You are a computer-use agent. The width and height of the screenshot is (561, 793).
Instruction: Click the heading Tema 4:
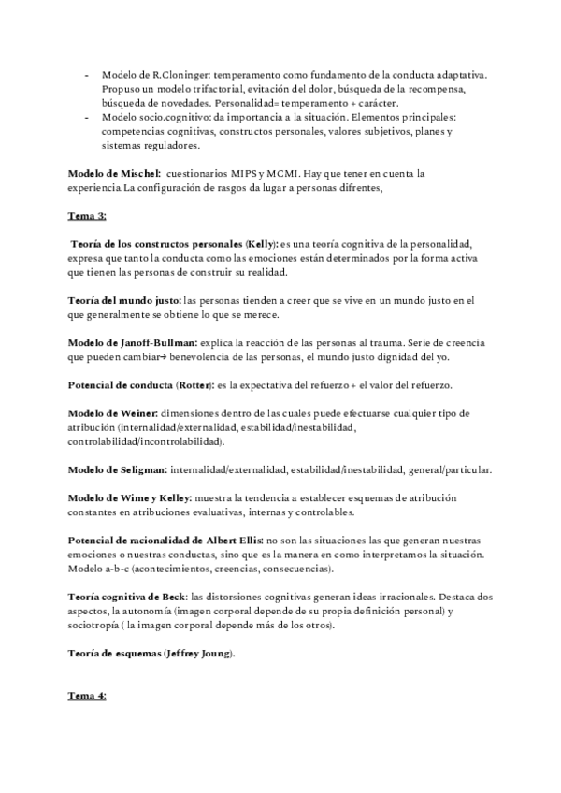88,696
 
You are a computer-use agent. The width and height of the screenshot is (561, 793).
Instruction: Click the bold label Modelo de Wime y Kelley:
130,498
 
